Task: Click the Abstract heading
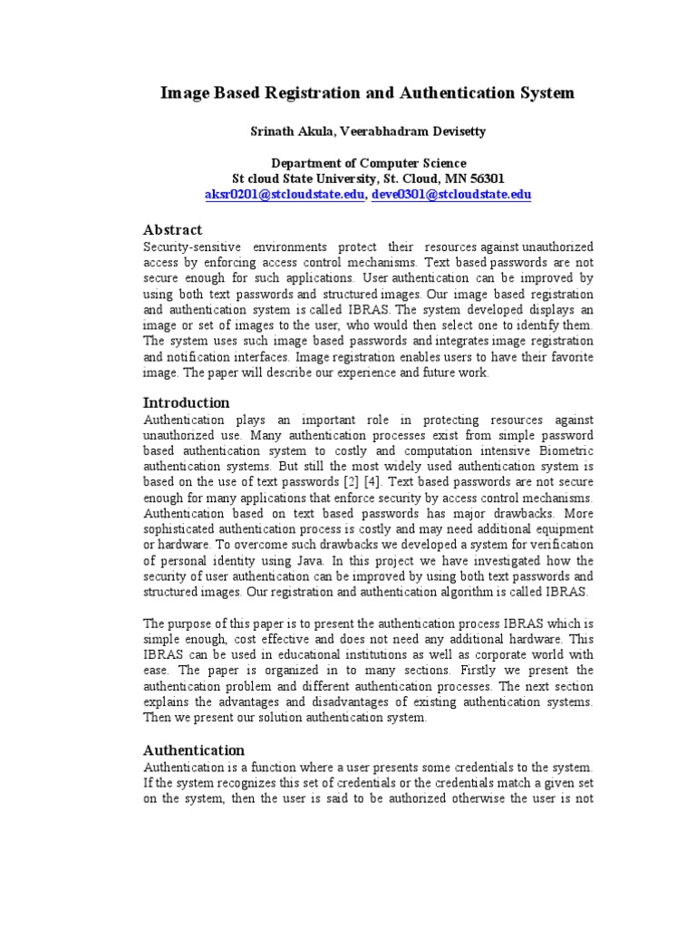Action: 173,229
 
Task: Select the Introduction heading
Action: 187,402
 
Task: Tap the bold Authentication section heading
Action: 195,749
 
